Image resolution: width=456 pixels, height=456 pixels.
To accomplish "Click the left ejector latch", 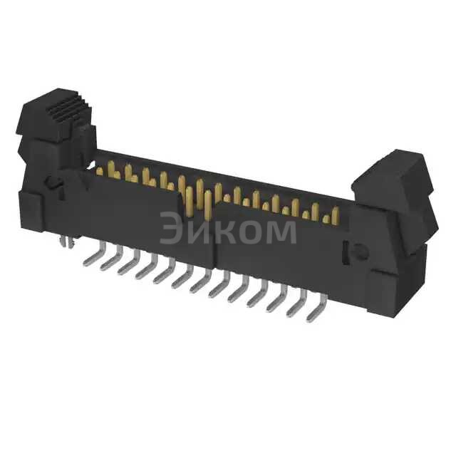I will (x=53, y=135).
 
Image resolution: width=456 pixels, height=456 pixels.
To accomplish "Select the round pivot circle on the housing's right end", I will (x=361, y=251).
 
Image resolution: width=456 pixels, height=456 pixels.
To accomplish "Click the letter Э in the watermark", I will (x=171, y=230).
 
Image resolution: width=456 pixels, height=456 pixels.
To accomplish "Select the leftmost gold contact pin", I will (x=110, y=168).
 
